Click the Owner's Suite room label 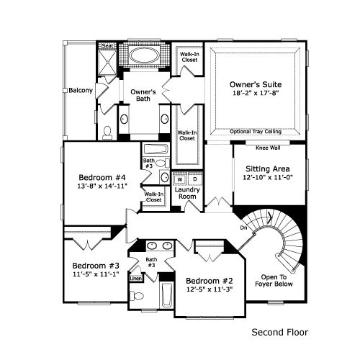[x=256, y=84]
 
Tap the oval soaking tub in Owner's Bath [x=144, y=55]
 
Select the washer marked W [x=180, y=179]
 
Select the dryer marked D [x=195, y=179]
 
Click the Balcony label [x=81, y=90]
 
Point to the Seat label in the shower [x=107, y=45]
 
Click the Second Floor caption [x=280, y=333]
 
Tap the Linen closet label [x=136, y=279]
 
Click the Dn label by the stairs [x=243, y=228]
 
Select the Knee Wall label [x=268, y=148]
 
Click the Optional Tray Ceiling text [x=256, y=132]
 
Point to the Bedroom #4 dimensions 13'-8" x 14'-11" [x=102, y=186]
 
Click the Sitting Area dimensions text [x=268, y=178]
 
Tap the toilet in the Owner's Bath [x=107, y=133]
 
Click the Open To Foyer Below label [x=274, y=281]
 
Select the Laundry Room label [x=187, y=193]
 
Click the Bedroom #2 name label [x=210, y=281]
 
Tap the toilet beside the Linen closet [x=137, y=296]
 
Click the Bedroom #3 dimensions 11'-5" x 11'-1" [x=96, y=274]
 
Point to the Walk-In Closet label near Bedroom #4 [x=154, y=197]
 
